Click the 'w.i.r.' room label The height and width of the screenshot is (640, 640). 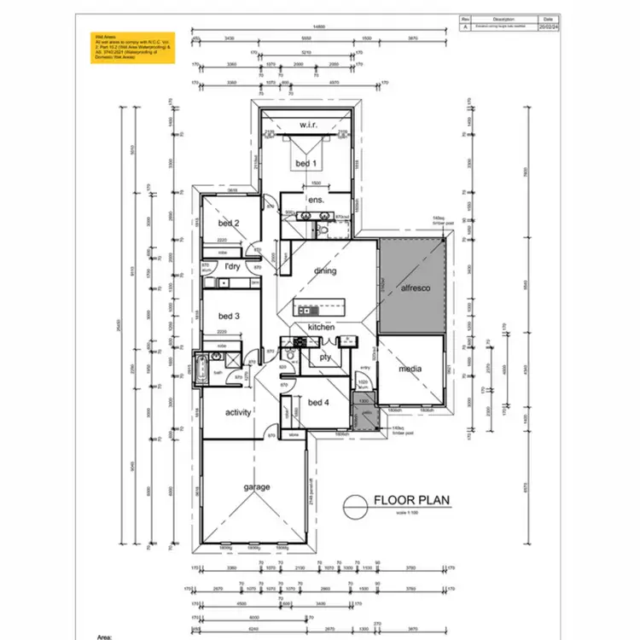[x=308, y=125]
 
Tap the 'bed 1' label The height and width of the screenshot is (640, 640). [x=305, y=163]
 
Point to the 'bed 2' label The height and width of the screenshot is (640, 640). [x=228, y=224]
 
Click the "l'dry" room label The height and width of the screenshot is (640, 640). [x=232, y=267]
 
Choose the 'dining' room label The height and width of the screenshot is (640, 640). [x=325, y=271]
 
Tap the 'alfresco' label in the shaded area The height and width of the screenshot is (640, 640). [x=416, y=288]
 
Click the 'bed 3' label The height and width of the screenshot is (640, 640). [x=228, y=316]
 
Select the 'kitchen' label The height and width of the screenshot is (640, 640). [x=321, y=328]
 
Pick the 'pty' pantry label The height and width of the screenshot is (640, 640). [x=325, y=358]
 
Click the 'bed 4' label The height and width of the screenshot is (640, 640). [x=318, y=403]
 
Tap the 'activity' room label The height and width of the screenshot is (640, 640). [x=238, y=413]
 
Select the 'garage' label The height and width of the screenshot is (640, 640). [x=257, y=487]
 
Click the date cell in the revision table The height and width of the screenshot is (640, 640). [x=546, y=26]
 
